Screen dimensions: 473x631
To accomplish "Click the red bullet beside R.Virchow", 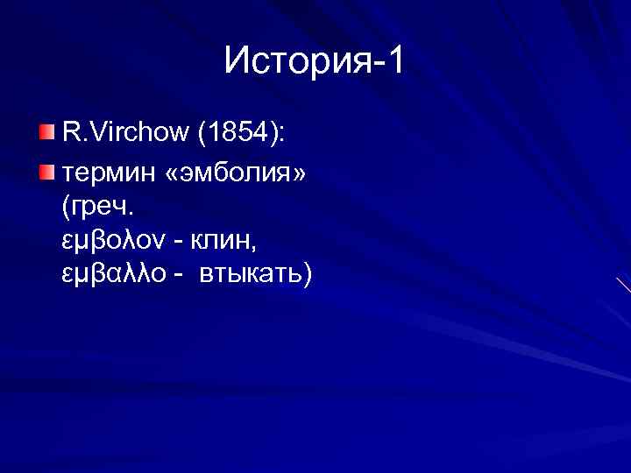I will point(46,132).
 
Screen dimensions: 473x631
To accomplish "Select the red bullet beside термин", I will point(46,168).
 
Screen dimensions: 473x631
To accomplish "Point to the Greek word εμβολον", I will point(102,241).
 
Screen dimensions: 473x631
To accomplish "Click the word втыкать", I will point(249,275).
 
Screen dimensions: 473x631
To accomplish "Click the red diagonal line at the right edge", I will point(623,286).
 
